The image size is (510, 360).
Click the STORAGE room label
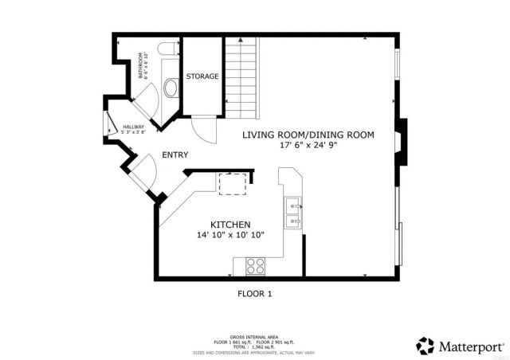(x=202, y=76)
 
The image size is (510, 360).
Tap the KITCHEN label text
(x=230, y=225)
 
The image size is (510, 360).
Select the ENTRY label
(x=175, y=155)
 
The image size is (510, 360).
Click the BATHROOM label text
(x=143, y=66)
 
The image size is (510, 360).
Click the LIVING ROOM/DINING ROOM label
(x=308, y=135)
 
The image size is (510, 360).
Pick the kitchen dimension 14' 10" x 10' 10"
(x=230, y=235)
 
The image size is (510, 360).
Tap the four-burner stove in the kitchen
(x=256, y=265)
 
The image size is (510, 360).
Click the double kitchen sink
(x=292, y=213)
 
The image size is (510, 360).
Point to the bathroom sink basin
(x=170, y=85)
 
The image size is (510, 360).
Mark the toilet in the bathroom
(x=166, y=51)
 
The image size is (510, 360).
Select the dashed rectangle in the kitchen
(x=233, y=182)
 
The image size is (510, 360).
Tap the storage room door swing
(x=203, y=127)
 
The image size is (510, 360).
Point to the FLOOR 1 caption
(x=255, y=294)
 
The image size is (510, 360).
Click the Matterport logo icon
(x=426, y=345)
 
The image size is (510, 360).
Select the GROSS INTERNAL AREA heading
(x=254, y=337)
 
